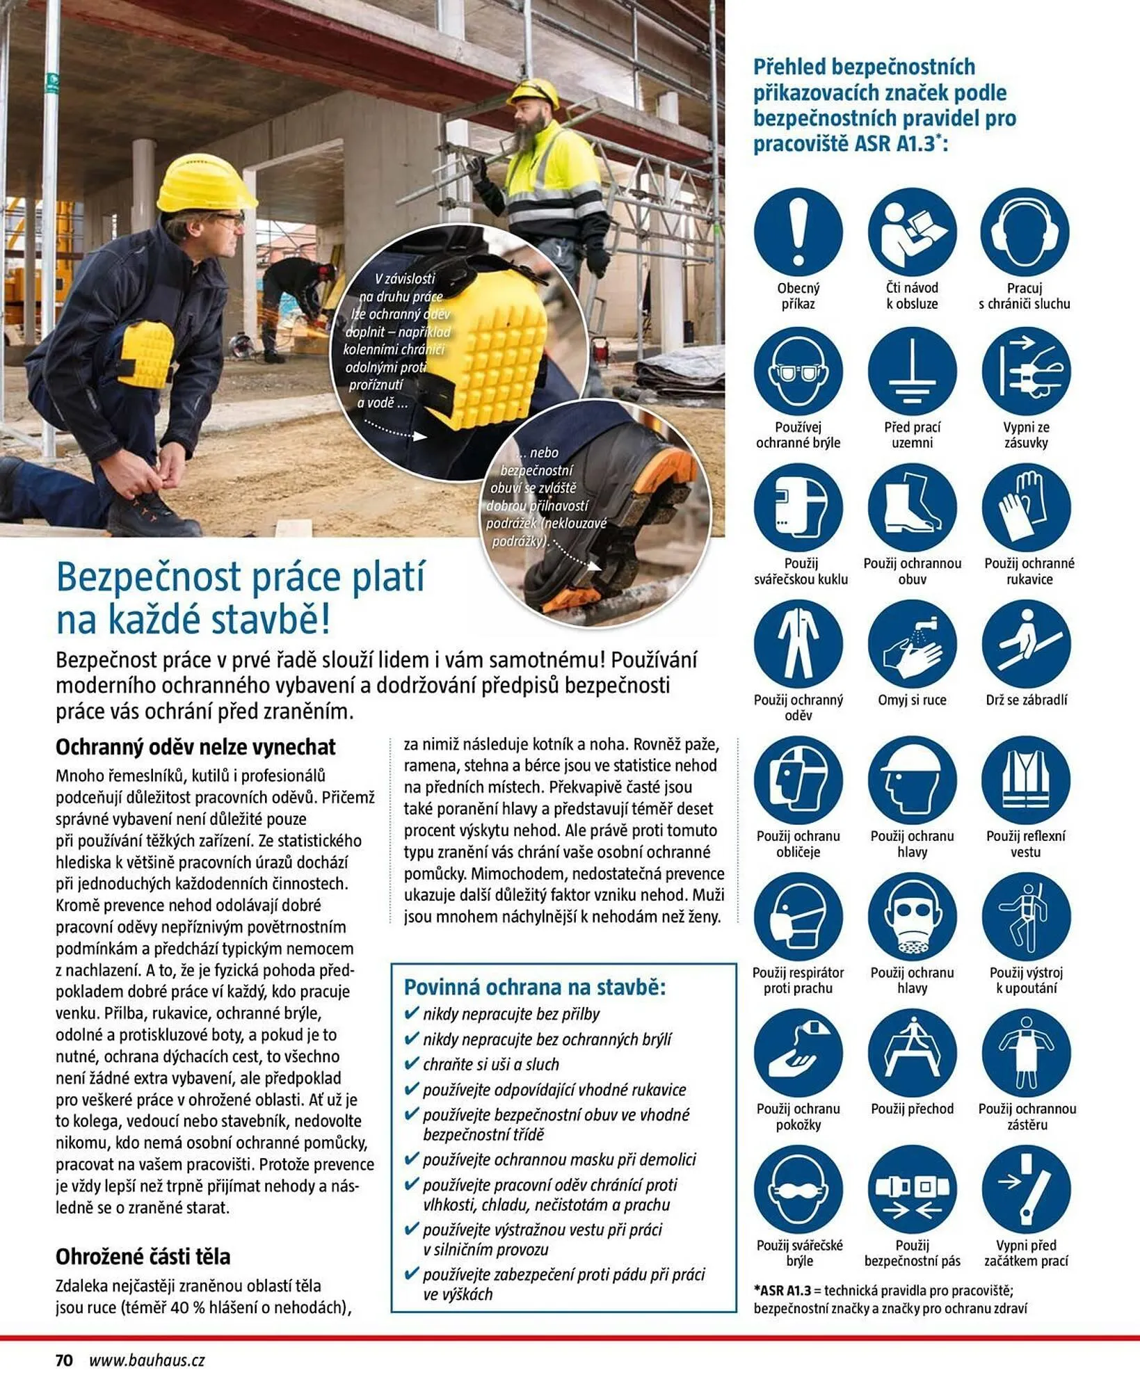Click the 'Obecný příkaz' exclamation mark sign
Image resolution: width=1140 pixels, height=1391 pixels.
point(798,232)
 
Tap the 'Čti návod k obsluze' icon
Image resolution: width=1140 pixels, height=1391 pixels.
point(912,232)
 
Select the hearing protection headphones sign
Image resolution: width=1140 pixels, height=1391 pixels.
point(1025,232)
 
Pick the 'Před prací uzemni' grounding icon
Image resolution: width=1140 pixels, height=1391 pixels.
point(912,371)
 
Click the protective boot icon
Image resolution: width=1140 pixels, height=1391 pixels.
point(912,507)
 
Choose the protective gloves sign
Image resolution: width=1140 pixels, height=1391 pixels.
point(1026,507)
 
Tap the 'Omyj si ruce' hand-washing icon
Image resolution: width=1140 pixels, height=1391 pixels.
point(912,643)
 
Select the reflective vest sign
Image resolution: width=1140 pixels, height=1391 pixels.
point(1026,780)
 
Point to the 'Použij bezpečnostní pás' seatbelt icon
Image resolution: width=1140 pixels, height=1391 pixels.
point(912,1189)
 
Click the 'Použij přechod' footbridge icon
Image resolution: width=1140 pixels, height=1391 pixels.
point(912,1052)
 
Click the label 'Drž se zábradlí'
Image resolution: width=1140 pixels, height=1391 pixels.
point(1026,700)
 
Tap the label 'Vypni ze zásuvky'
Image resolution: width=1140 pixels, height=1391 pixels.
point(1026,435)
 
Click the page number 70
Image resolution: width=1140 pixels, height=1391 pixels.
point(64,1360)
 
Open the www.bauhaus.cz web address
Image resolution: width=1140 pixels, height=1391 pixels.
point(147,1360)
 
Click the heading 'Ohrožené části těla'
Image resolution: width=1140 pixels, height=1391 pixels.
point(143,1256)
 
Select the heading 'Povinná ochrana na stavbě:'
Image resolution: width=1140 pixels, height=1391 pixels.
point(535,987)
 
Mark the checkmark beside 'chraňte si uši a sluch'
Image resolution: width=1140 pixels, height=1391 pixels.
point(411,1063)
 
